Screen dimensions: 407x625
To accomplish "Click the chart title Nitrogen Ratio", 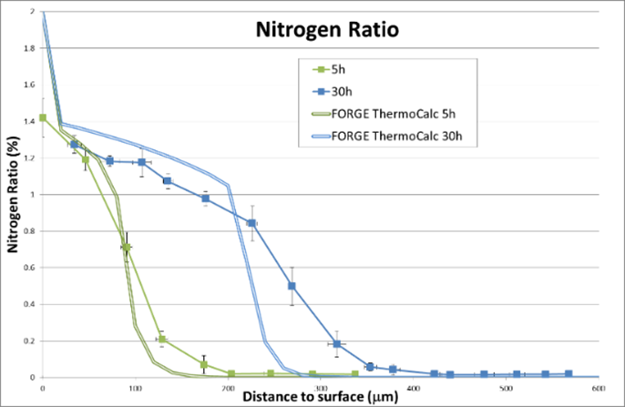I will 325,30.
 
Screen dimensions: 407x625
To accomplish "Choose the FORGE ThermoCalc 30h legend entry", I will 398,137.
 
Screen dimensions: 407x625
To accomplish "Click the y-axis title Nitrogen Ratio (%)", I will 15,205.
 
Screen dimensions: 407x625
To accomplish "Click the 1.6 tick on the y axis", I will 31,85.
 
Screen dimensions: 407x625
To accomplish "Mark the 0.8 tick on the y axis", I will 31,230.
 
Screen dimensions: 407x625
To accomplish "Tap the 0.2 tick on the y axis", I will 31,341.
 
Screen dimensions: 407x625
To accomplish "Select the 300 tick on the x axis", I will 321,388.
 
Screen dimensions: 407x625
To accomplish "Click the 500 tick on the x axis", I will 507,388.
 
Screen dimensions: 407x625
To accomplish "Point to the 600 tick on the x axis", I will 599,388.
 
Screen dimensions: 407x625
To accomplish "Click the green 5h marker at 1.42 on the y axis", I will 43,117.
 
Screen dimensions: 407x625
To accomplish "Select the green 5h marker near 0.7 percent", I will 127,248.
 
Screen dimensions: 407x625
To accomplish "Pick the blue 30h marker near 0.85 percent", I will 251,223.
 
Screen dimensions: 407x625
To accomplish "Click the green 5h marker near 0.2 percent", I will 161,340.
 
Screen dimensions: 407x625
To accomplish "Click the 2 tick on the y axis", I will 34,12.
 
